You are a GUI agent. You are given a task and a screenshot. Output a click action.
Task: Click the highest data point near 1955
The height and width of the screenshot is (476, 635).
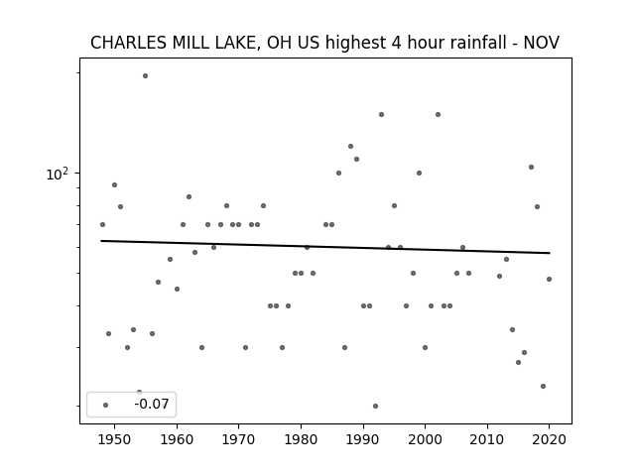tap(146, 75)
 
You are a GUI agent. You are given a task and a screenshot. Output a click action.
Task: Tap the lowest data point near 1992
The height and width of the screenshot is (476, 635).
tap(375, 406)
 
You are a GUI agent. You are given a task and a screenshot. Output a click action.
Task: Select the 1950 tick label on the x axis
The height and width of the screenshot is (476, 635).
tap(115, 439)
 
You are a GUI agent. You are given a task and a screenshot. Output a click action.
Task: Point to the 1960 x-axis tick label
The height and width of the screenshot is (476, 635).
tap(177, 439)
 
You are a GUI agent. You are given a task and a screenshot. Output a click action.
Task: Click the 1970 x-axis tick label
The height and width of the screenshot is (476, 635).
tap(238, 439)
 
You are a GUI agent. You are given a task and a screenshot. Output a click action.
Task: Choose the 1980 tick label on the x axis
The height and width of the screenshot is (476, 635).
tap(301, 439)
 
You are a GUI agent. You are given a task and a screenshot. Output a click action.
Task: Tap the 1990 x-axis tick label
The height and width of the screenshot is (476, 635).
tap(363, 439)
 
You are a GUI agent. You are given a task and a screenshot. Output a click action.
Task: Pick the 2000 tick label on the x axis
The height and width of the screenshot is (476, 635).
tap(425, 439)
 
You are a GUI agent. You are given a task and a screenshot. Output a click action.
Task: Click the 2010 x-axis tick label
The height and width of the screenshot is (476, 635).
tap(487, 439)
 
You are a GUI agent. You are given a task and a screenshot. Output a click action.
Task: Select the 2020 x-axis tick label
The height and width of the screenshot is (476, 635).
tap(549, 439)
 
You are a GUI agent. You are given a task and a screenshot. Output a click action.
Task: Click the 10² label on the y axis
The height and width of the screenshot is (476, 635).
tap(58, 175)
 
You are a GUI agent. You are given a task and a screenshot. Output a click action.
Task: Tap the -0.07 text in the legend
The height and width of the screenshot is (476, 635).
tap(152, 404)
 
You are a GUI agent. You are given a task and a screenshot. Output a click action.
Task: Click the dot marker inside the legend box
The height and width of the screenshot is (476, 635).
tap(106, 405)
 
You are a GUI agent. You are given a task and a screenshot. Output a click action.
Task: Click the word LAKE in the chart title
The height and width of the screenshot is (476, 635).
tap(237, 43)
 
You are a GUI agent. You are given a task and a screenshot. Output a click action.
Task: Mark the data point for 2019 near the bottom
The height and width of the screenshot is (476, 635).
tap(543, 386)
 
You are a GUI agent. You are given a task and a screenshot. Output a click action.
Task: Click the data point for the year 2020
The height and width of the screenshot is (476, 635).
tap(549, 280)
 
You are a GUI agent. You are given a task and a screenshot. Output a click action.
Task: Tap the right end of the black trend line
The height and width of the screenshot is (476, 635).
tap(550, 253)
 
